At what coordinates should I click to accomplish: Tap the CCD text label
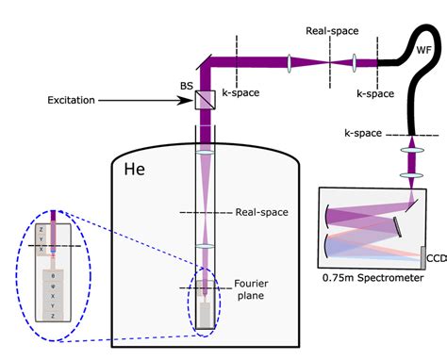click(435, 257)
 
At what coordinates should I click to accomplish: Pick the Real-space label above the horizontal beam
click(331, 30)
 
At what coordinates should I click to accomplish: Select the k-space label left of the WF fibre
click(374, 95)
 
